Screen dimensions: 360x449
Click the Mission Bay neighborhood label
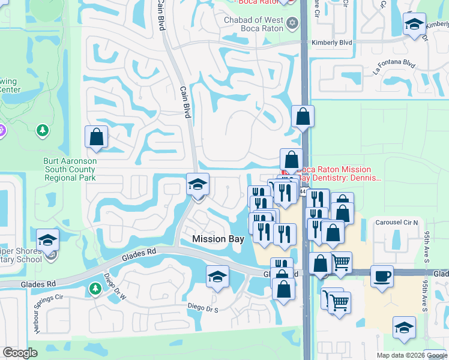(x=218, y=239)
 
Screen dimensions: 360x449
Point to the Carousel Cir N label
(x=396, y=223)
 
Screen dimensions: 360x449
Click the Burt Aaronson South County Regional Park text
(x=70, y=170)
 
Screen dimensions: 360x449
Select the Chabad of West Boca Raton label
(x=254, y=26)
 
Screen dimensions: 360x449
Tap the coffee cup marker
(x=382, y=277)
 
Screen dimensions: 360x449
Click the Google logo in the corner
(x=20, y=353)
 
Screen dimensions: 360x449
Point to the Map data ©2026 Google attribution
(x=412, y=355)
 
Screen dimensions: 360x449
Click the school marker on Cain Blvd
(x=197, y=185)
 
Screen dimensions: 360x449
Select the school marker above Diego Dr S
(x=217, y=277)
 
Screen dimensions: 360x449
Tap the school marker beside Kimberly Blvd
(x=414, y=25)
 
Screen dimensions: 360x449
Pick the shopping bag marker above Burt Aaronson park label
(x=96, y=137)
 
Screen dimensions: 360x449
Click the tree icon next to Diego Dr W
(x=95, y=289)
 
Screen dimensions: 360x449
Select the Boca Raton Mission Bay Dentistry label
(x=339, y=174)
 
